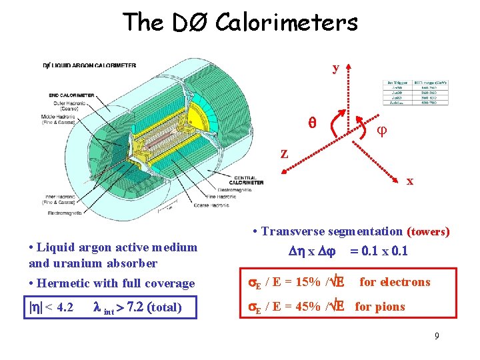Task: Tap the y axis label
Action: (x=337, y=68)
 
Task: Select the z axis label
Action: (x=284, y=153)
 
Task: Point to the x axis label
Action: (x=410, y=181)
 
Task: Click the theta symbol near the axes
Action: (x=311, y=123)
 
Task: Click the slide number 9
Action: (x=437, y=336)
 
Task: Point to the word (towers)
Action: (x=428, y=232)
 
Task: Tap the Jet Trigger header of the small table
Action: (x=395, y=83)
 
